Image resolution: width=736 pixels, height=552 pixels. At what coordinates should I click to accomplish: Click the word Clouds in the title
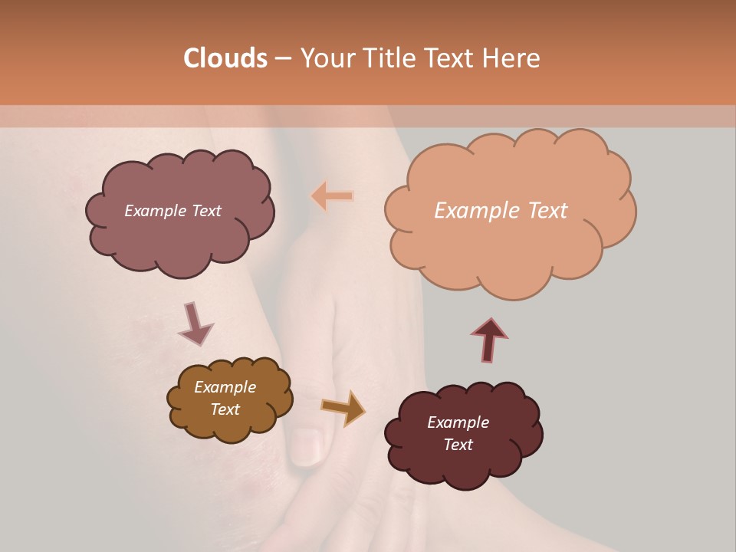click(x=225, y=58)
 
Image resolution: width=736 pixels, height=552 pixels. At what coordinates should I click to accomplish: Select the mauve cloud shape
click(x=180, y=230)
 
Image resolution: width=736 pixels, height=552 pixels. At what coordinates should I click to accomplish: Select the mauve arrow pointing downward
click(x=195, y=324)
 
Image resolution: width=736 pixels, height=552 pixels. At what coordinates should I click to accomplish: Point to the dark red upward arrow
click(x=489, y=340)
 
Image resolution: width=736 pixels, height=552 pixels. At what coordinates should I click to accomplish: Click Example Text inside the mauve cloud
click(x=172, y=211)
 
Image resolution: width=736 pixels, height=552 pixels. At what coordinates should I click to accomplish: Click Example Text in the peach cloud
click(x=501, y=211)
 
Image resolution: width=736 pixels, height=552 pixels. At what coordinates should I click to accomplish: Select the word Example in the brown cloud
click(x=225, y=387)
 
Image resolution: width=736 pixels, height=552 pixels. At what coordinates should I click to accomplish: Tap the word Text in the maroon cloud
click(x=458, y=445)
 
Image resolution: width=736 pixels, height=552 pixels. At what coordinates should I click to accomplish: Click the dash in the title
click(x=283, y=58)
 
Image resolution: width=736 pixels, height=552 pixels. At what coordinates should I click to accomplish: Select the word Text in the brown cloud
click(x=225, y=409)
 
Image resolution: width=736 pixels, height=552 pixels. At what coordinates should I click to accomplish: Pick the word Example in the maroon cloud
click(x=458, y=422)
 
